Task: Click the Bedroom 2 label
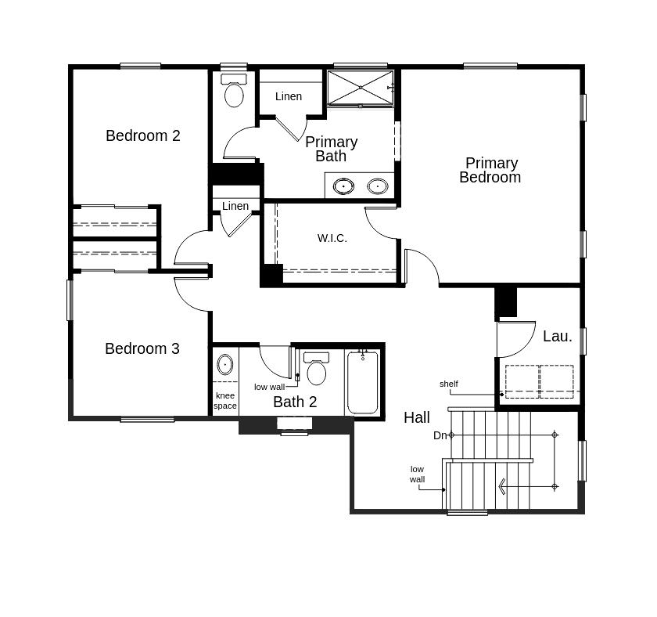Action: point(143,135)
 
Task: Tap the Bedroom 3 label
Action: point(142,348)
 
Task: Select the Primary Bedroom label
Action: point(490,170)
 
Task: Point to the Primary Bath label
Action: point(331,149)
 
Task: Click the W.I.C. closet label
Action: point(332,238)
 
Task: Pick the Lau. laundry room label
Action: point(558,336)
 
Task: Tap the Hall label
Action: point(417,417)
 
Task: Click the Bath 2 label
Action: point(295,402)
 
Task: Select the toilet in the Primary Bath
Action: point(234,92)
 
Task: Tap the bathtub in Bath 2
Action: point(363,384)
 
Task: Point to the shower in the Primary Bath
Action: point(360,88)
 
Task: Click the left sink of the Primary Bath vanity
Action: point(343,186)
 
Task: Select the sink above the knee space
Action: point(225,364)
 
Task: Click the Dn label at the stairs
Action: point(440,435)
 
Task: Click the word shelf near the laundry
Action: point(449,384)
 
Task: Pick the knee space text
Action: point(225,401)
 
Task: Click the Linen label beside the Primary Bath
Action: point(289,96)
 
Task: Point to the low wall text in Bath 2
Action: point(269,387)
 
